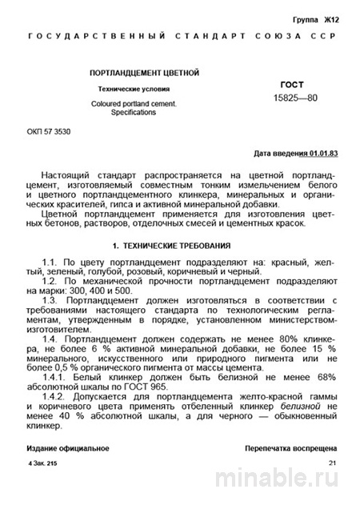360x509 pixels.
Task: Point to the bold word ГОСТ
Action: pyautogui.click(x=292, y=83)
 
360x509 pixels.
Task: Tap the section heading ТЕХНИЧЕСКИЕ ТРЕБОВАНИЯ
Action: pyautogui.click(x=186, y=242)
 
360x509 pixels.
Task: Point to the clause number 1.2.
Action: pyautogui.click(x=50, y=283)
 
